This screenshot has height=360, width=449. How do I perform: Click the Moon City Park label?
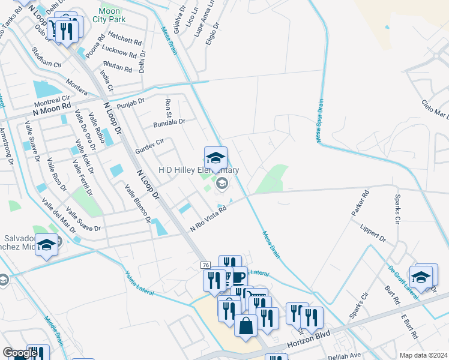tap(109, 15)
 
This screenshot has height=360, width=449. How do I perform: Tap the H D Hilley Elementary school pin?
tap(215, 158)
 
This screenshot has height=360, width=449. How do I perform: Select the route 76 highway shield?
tap(205, 265)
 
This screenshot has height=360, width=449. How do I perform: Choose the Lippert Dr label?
tap(373, 234)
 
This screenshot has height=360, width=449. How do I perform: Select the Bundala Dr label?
tap(170, 122)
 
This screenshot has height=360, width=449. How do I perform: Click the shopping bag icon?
tap(246, 326)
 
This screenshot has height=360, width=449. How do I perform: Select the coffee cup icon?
tap(239, 278)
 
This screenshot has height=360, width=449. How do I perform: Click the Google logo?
tap(20, 353)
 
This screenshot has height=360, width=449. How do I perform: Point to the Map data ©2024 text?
tap(423, 355)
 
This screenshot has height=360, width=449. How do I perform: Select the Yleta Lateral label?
tap(139, 284)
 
